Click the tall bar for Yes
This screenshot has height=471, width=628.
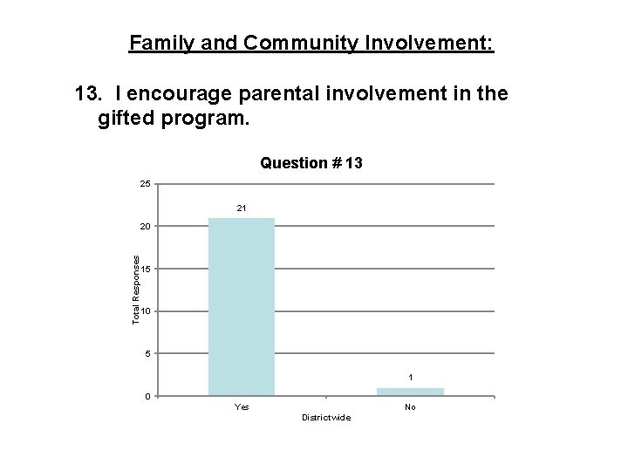[x=242, y=307]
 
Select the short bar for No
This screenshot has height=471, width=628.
[x=410, y=392]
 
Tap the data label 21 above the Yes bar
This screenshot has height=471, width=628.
[x=242, y=208]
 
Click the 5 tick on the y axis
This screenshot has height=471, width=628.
[x=145, y=354]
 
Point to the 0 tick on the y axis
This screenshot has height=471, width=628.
[x=145, y=397]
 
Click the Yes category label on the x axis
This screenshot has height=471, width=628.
[x=242, y=406]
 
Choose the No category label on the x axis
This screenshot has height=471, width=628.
[x=410, y=406]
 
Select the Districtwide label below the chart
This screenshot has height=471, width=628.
[x=325, y=418]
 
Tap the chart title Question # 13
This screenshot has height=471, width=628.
[x=311, y=163]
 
